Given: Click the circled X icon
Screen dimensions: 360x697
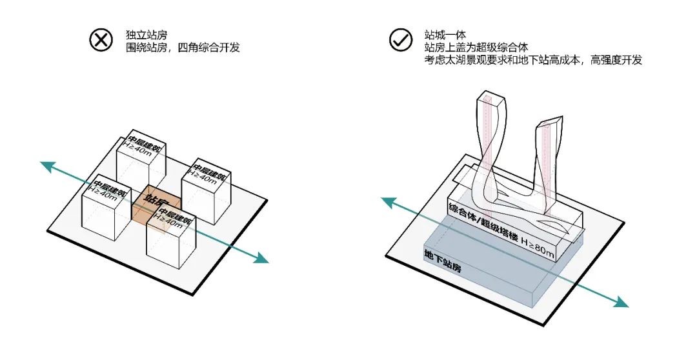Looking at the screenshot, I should pos(101,41).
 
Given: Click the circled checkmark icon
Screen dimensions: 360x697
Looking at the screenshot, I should pos(401,41).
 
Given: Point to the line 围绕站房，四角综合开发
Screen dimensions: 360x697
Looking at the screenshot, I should pos(183,47).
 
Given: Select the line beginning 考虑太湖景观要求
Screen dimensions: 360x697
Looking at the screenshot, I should pos(533,60).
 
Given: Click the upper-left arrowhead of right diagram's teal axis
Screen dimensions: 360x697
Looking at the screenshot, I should pos(387,202).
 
